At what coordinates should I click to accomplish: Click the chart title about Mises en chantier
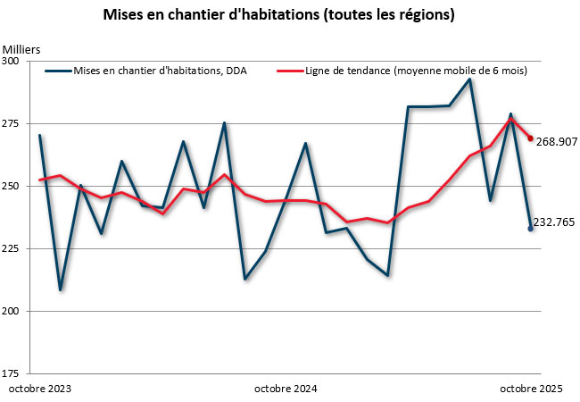click(x=291, y=15)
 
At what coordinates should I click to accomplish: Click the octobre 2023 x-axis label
click(x=40, y=389)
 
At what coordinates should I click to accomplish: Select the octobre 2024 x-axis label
click(x=286, y=389)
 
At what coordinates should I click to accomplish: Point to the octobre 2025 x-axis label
click(x=530, y=389)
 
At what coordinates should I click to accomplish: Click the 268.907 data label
click(x=556, y=141)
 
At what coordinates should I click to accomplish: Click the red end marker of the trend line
click(x=531, y=138)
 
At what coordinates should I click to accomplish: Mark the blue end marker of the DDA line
click(x=531, y=229)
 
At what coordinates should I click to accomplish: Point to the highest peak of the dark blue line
click(x=469, y=80)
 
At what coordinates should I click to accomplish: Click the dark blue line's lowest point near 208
click(x=61, y=289)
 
